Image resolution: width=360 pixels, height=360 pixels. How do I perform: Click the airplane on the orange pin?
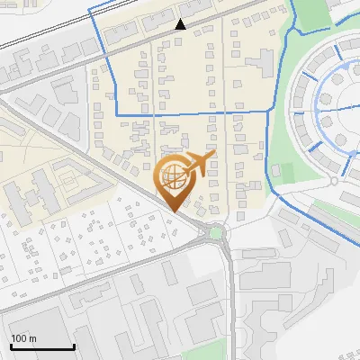click(x=200, y=164)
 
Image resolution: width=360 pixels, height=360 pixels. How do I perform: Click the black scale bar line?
click(x=42, y=347)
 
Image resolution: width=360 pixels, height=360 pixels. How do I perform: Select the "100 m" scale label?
click(x=23, y=338)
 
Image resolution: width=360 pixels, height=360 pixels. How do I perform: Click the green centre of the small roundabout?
click(x=216, y=235)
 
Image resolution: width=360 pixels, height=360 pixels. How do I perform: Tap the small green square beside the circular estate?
click(x=285, y=172)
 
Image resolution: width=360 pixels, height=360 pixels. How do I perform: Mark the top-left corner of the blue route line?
click(x=91, y=6)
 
